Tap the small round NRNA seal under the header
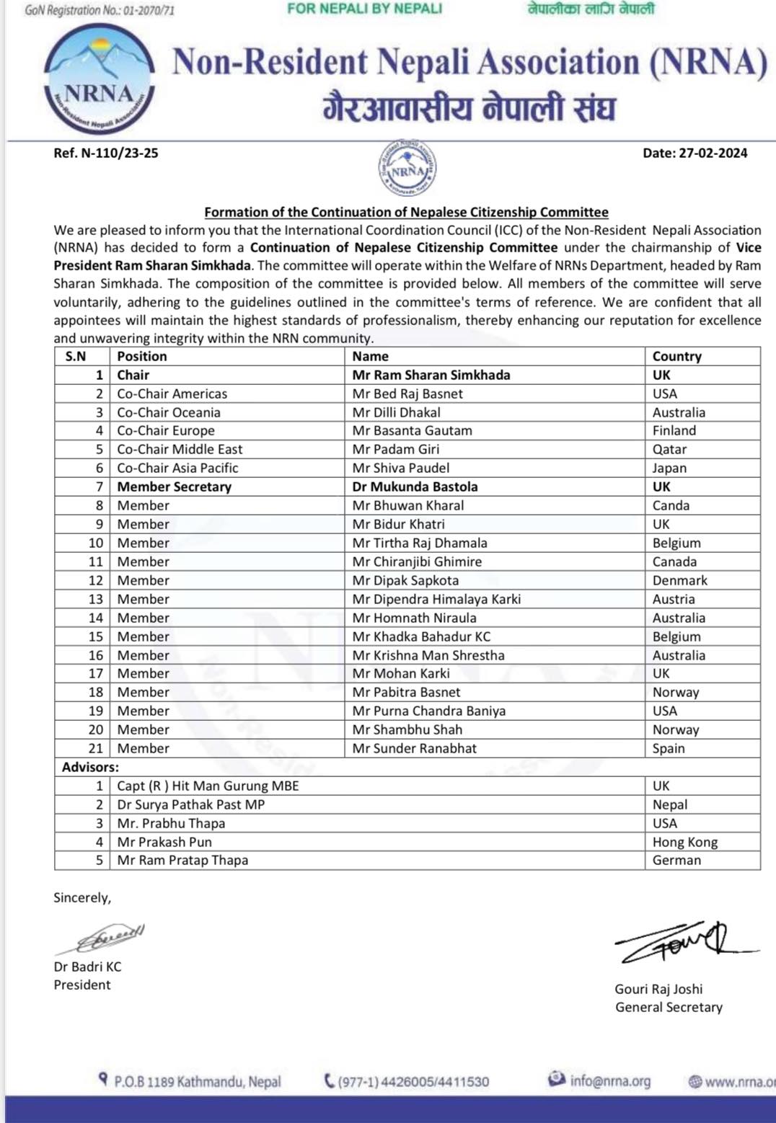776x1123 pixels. click(x=407, y=168)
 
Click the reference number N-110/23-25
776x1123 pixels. click(x=106, y=153)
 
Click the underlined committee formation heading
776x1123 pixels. click(x=406, y=212)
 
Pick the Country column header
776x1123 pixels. click(x=676, y=356)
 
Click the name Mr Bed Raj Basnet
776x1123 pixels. click(x=407, y=394)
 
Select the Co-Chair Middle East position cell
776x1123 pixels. click(x=180, y=449)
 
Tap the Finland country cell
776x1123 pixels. click(x=674, y=430)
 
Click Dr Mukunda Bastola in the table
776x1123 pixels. click(x=415, y=487)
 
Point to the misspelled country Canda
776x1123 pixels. click(x=671, y=505)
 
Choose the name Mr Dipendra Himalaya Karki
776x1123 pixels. click(x=436, y=599)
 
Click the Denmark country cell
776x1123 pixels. click(x=679, y=580)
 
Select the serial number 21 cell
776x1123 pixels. click(x=96, y=748)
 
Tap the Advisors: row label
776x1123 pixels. click(x=90, y=767)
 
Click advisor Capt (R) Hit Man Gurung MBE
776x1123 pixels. click(x=208, y=786)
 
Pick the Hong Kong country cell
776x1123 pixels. click(x=684, y=842)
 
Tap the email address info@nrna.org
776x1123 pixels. click(x=609, y=1080)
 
